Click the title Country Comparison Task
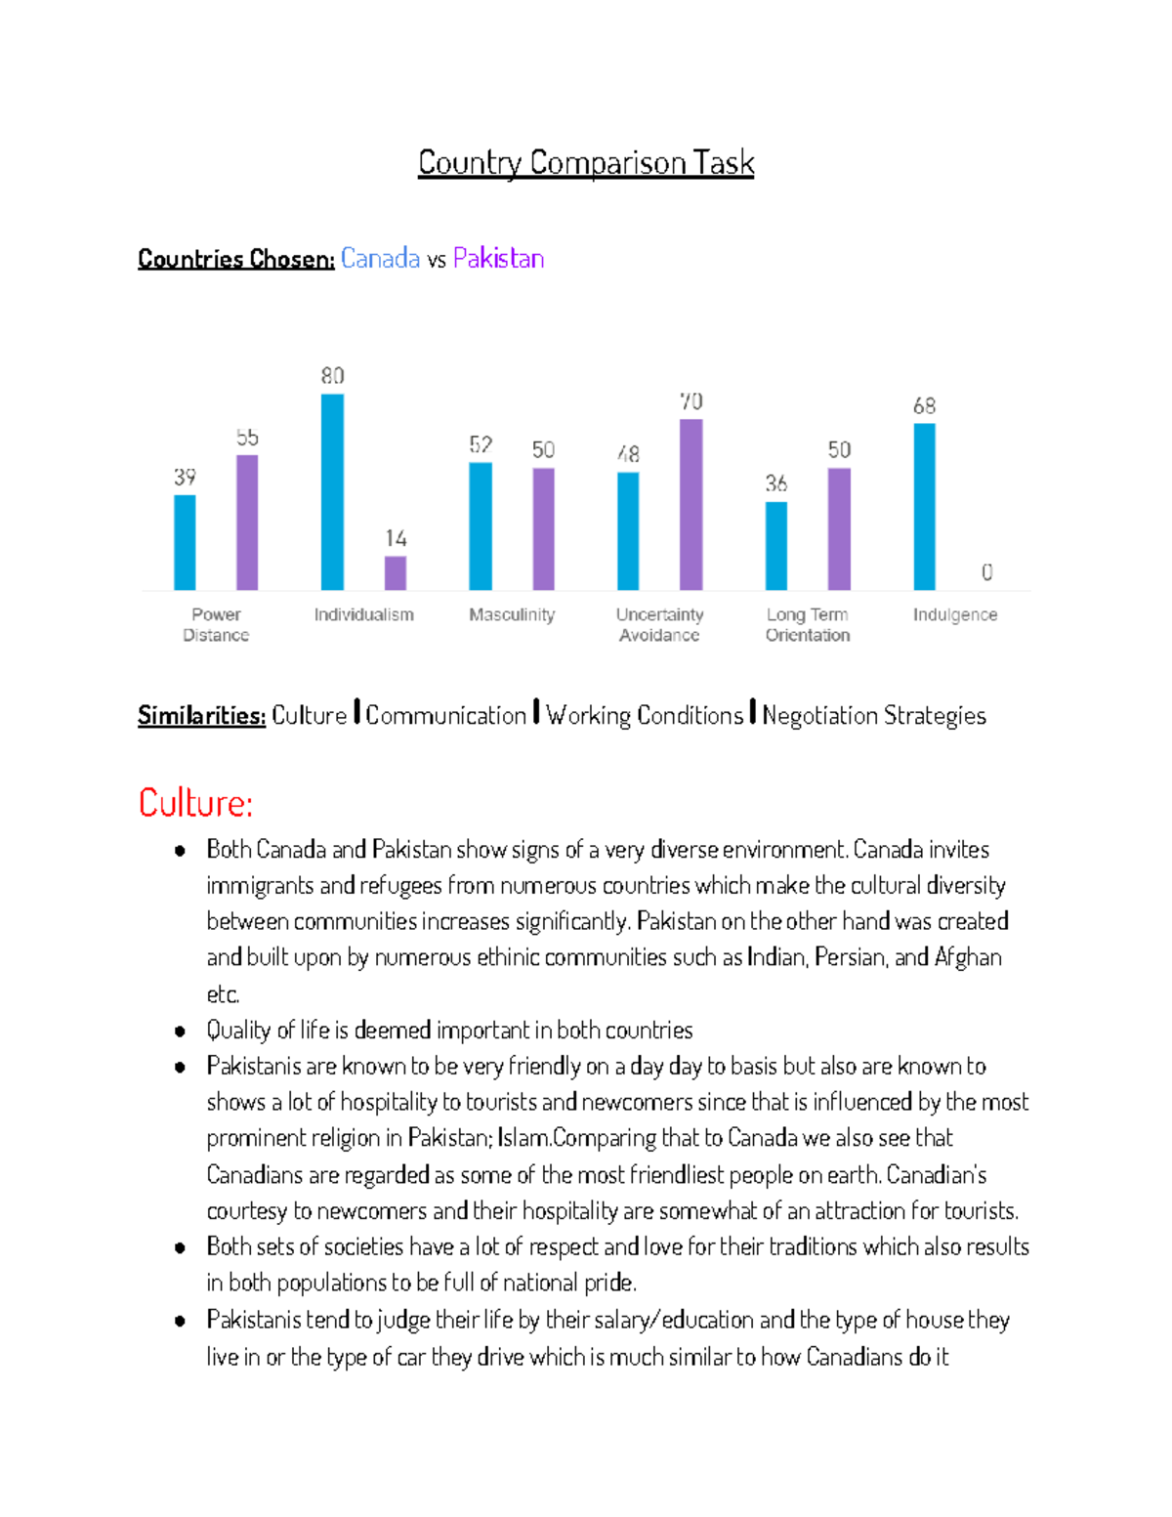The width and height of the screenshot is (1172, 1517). tap(586, 162)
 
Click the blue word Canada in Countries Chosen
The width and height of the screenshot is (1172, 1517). tap(380, 259)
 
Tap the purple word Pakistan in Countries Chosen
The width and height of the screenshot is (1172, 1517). tap(498, 259)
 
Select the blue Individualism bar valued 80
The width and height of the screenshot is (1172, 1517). tap(332, 492)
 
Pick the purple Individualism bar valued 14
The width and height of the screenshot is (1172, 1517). tap(396, 573)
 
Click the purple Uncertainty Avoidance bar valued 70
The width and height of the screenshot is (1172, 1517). tap(691, 505)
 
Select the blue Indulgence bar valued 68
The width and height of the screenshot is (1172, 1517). tap(924, 507)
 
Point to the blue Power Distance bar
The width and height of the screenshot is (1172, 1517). tap(185, 542)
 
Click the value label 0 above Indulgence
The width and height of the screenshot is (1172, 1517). tap(986, 572)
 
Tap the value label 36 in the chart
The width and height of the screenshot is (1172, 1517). tap(775, 484)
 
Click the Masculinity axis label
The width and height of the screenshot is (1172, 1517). tap(512, 615)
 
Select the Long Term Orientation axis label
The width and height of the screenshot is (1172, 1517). tap(808, 625)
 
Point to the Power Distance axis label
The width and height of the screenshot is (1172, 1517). tap(216, 625)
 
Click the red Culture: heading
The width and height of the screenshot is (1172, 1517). tap(195, 803)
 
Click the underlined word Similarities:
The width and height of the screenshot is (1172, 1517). tap(201, 716)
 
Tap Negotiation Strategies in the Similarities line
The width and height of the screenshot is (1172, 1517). tap(874, 716)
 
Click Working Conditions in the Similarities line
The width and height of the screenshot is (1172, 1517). tap(645, 716)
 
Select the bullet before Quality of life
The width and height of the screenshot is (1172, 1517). tap(180, 1032)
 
